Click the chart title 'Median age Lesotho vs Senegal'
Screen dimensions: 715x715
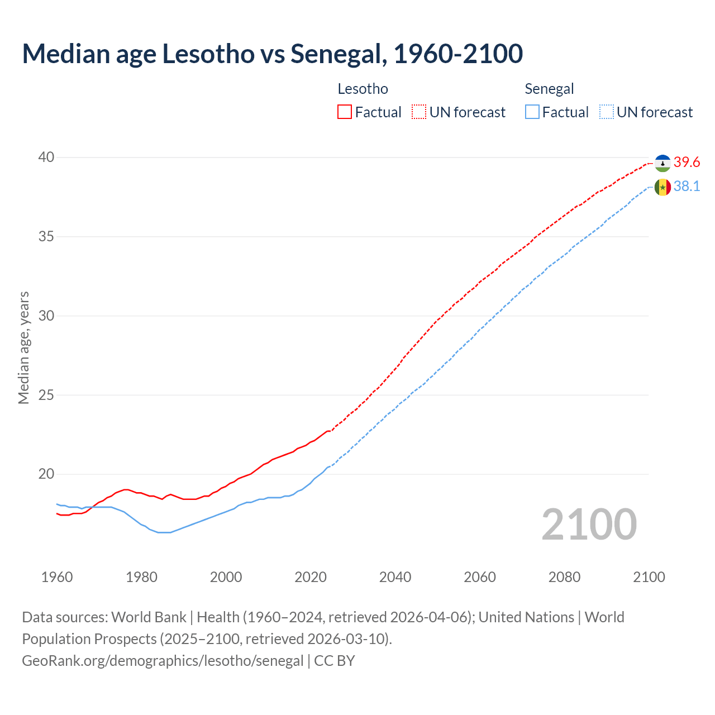[272, 54]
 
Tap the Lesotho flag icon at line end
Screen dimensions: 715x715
[662, 163]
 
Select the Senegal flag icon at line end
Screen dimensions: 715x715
[662, 187]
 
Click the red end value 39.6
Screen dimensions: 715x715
[687, 163]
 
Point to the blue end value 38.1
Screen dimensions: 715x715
[687, 187]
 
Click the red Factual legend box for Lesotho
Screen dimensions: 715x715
[345, 112]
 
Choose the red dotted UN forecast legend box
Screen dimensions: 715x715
[419, 112]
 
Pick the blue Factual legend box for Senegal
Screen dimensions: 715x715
[532, 112]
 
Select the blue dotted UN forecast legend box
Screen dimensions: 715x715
[607, 112]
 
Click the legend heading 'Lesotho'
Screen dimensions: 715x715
[363, 89]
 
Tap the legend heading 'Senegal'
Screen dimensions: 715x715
[549, 89]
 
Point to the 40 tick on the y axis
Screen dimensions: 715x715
[46, 158]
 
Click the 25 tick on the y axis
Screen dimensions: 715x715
[46, 395]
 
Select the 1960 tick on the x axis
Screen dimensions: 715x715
[57, 577]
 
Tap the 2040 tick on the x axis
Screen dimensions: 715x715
[395, 577]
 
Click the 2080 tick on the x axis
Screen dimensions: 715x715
[564, 577]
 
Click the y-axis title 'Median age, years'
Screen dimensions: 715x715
[24, 347]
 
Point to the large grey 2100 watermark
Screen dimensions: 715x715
[589, 525]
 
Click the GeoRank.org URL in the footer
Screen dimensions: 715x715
[163, 661]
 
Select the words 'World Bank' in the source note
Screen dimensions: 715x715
[149, 617]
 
